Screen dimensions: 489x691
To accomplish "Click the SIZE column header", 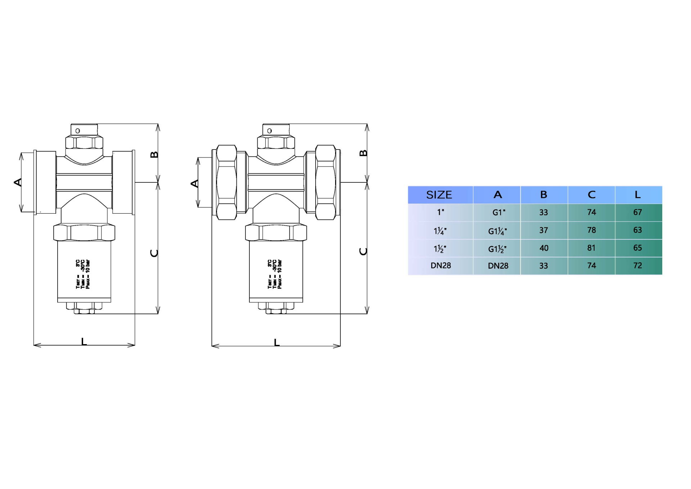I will coord(439,195).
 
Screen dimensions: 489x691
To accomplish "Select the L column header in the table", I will coord(637,195).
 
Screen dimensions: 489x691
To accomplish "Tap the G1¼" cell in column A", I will coord(497,231).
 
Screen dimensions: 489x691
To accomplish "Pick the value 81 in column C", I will coord(591,248).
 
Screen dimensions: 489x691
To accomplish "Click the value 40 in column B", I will coord(544,248).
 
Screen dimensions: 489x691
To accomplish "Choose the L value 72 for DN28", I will coord(637,266).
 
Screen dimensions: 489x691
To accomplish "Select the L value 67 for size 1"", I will coord(637,212).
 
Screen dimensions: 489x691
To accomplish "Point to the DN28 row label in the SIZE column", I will coord(441,266).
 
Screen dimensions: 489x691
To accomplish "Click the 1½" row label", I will coord(440,249).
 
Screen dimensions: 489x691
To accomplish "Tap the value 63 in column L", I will coord(637,230).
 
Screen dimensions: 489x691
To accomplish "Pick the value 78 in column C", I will coord(591,230).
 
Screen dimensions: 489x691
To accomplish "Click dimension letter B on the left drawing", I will coord(154,155).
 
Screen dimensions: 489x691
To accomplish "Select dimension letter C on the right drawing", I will coord(363,252).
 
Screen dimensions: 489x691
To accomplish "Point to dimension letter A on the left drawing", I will coord(17,182).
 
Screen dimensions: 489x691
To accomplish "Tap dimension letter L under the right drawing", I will coord(276,342).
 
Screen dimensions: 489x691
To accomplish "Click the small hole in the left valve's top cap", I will coord(78,131).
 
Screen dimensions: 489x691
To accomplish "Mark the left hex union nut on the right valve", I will coord(226,182).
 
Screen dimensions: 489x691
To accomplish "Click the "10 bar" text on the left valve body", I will coord(88,266).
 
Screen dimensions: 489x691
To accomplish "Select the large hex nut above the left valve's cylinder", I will coord(84,232).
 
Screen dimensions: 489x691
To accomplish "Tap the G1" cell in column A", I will coord(499,213).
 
